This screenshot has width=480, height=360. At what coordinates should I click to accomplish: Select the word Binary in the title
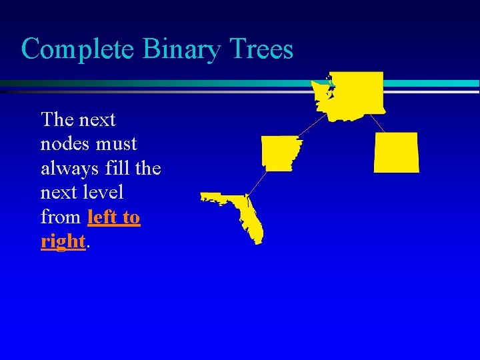click(x=173, y=50)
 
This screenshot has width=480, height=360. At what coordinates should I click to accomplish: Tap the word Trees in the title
click(x=261, y=49)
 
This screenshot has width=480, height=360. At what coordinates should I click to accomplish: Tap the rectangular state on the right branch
click(x=397, y=153)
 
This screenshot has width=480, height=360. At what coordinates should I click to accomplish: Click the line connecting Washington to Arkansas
click(x=311, y=126)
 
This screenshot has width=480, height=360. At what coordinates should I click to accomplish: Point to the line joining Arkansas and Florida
click(x=257, y=183)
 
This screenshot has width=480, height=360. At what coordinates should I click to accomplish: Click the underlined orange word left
click(x=104, y=217)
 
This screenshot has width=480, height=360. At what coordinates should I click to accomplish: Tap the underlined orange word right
click(x=63, y=241)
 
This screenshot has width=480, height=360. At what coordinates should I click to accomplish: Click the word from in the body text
click(x=61, y=217)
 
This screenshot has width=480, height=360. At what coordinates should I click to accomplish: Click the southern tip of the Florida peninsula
click(x=259, y=241)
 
